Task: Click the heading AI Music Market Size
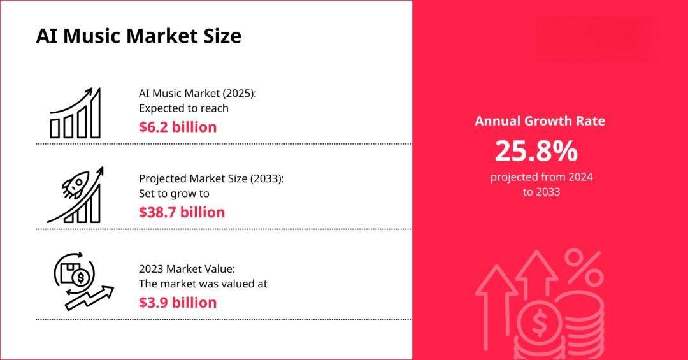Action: (139, 36)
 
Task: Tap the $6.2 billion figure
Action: (178, 127)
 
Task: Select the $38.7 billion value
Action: (182, 212)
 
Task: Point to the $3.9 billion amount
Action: (178, 303)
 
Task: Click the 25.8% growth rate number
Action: (536, 151)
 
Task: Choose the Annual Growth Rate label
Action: (540, 120)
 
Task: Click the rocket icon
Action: (75, 185)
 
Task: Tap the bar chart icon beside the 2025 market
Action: (75, 113)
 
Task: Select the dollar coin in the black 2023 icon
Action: (80, 277)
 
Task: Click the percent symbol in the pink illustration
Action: (584, 268)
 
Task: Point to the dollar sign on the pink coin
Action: (538, 324)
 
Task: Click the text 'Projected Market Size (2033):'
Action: (211, 178)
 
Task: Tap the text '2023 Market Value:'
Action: (187, 269)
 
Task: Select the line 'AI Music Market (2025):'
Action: (197, 94)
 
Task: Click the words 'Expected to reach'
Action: (183, 108)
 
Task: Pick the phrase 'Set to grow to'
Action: (174, 194)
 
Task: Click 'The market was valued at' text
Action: (203, 284)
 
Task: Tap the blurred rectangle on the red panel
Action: (597, 40)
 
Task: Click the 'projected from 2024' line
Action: (541, 177)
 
